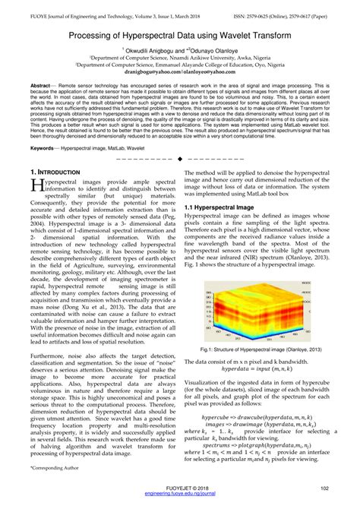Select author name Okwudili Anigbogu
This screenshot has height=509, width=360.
(153, 48)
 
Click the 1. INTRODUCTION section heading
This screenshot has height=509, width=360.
(56, 194)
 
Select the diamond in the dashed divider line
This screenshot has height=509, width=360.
(179, 179)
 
